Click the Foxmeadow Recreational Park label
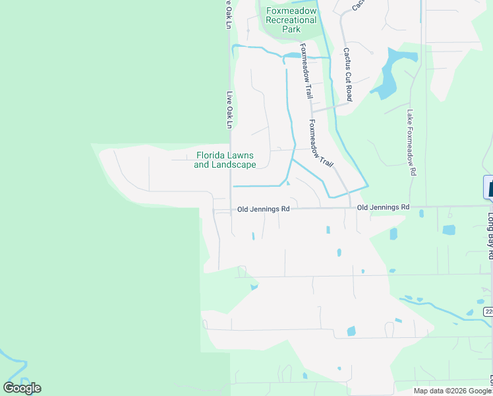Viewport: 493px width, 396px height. [291, 20]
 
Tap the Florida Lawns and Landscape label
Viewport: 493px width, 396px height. [225, 160]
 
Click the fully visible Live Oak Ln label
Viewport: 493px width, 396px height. [230, 110]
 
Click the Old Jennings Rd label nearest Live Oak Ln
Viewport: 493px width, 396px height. [264, 209]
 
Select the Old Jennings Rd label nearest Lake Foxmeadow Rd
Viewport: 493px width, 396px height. [383, 207]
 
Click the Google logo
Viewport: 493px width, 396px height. [22, 388]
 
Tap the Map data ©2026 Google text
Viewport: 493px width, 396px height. [452, 391]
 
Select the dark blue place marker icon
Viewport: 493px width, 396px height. [488, 187]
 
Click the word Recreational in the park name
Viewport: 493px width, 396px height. [291, 20]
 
